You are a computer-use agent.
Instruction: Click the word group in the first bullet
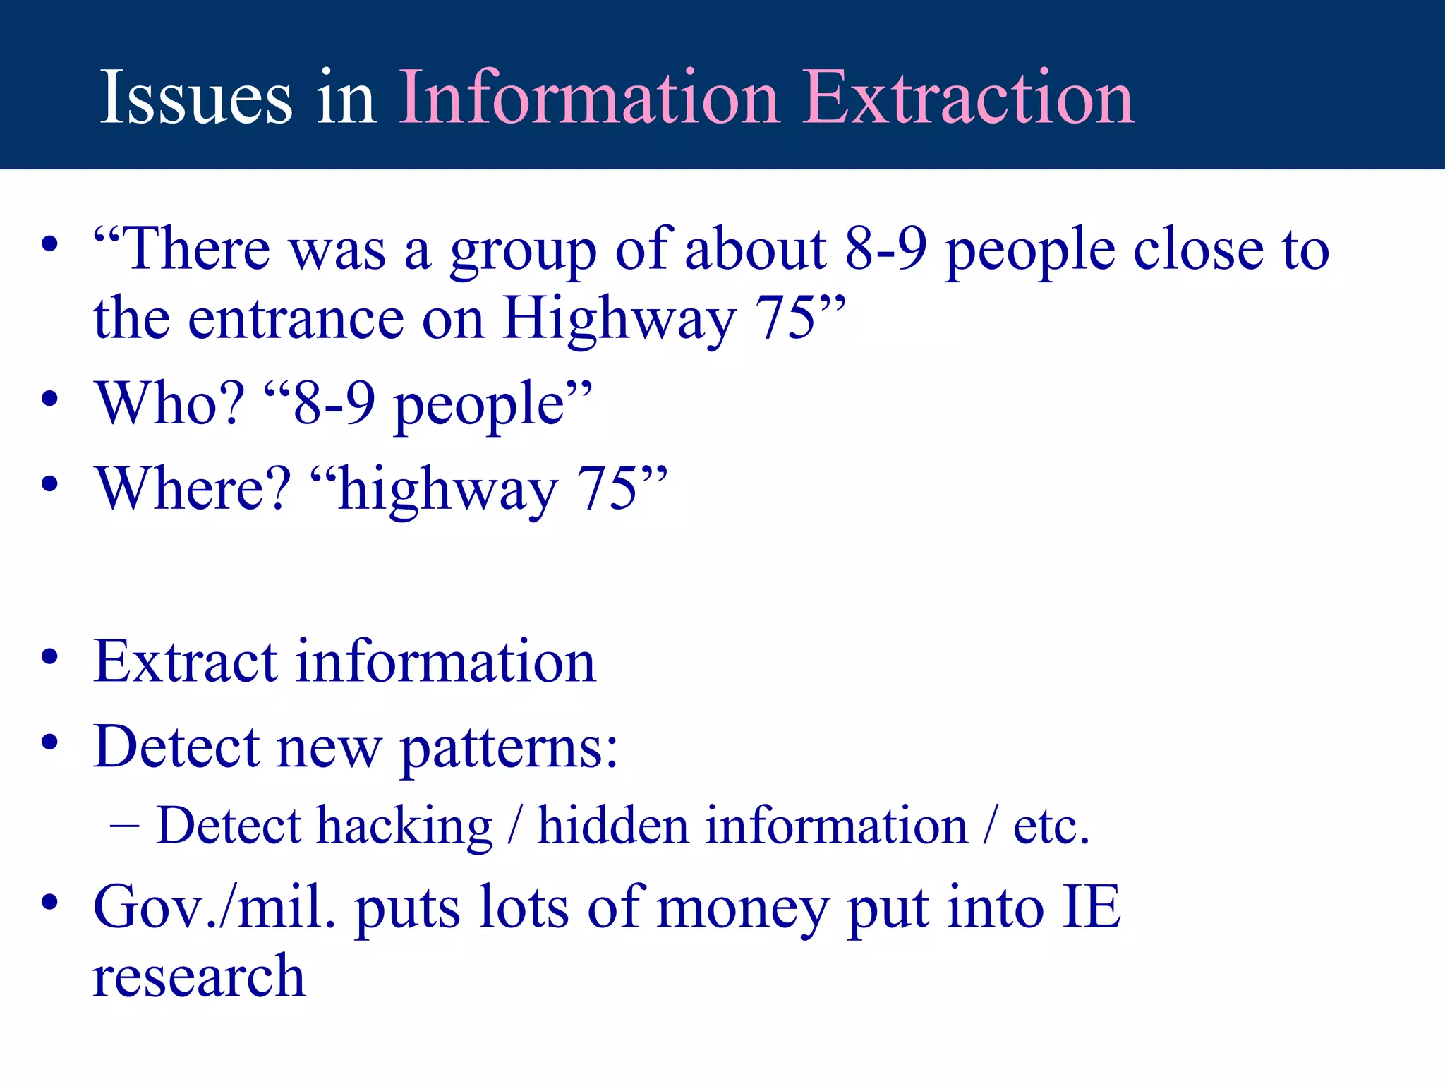523,253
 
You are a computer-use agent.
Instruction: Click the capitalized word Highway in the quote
619,321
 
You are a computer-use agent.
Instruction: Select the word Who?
170,404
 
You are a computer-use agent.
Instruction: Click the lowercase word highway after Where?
447,492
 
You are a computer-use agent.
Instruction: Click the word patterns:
509,749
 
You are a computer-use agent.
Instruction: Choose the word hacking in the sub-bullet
404,826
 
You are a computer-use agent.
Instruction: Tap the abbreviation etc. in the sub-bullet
1051,826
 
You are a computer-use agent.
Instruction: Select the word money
743,910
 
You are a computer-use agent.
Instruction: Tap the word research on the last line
199,977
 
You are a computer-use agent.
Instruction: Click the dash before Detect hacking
124,825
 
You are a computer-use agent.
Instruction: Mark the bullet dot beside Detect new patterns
49,742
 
